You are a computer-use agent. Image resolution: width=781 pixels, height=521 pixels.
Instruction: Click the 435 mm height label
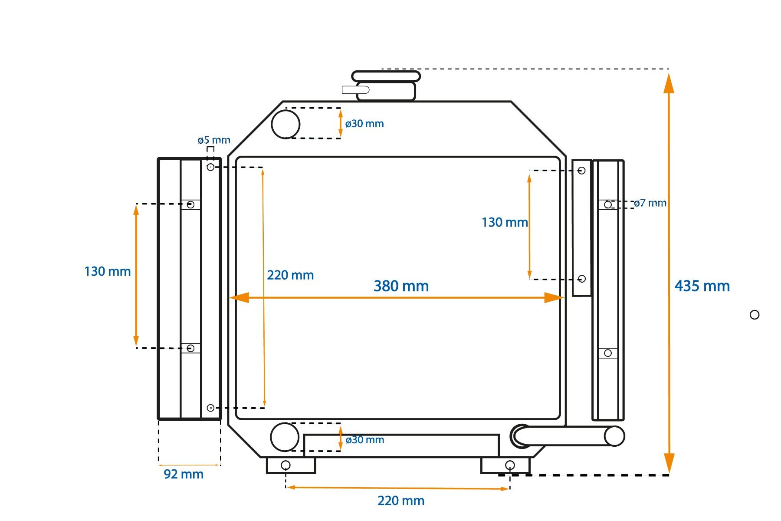(x=702, y=286)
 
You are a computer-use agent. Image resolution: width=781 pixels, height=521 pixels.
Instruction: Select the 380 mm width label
(x=401, y=286)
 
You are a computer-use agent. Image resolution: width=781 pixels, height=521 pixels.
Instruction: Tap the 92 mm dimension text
(x=184, y=474)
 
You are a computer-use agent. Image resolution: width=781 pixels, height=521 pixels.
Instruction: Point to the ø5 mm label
(x=214, y=140)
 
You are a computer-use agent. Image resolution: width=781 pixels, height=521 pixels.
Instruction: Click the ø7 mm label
(x=650, y=203)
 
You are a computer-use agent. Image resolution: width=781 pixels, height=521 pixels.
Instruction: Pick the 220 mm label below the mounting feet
(x=401, y=501)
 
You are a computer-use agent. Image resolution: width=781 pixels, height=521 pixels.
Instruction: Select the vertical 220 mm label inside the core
(x=290, y=275)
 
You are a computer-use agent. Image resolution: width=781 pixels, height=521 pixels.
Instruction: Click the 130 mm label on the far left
(x=108, y=271)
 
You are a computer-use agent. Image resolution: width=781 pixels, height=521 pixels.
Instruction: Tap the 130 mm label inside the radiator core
(x=505, y=222)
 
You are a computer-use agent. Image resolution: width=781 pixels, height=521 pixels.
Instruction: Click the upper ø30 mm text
(x=364, y=124)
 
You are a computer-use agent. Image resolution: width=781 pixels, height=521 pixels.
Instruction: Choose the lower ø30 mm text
(x=365, y=440)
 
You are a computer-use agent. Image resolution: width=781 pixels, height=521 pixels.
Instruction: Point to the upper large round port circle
(x=285, y=124)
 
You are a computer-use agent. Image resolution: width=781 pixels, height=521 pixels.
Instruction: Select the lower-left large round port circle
(x=285, y=437)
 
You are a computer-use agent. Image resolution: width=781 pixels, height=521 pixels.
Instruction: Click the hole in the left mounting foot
(x=285, y=465)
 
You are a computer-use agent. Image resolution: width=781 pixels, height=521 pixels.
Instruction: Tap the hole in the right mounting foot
(x=510, y=465)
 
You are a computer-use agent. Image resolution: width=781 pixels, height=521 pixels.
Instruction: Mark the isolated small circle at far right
(x=755, y=315)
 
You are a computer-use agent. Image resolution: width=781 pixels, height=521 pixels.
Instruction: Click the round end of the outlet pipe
(x=614, y=436)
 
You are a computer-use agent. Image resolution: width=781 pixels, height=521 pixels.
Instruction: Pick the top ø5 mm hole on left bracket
(x=210, y=167)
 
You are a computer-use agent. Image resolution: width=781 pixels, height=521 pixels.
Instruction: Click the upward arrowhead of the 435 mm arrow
(x=669, y=82)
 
